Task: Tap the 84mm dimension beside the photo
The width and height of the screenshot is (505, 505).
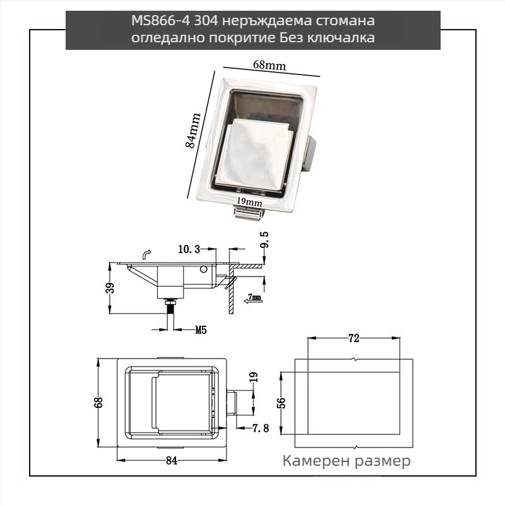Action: (x=193, y=130)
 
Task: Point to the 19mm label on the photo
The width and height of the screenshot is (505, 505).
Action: (x=249, y=202)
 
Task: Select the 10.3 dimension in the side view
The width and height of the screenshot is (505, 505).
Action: (x=189, y=250)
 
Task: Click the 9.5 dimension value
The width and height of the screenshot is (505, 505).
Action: (x=264, y=242)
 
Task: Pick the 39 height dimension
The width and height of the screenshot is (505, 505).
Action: (x=110, y=288)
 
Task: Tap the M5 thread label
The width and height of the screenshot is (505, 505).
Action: (x=201, y=330)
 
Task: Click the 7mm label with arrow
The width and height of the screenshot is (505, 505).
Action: (x=254, y=297)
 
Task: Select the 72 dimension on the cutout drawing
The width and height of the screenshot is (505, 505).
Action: (x=353, y=339)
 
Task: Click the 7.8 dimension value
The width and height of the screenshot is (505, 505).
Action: (x=260, y=429)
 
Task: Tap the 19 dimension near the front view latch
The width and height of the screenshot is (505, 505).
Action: (x=254, y=378)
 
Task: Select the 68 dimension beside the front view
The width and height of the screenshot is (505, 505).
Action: (x=98, y=403)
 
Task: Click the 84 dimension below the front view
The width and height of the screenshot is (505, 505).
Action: (x=171, y=460)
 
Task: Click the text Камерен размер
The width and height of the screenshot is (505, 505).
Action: (x=347, y=461)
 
